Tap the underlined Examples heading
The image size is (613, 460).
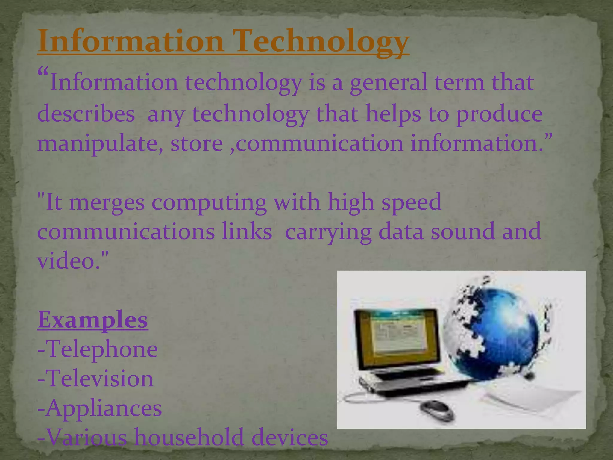(92, 320)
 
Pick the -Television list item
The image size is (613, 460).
(95, 379)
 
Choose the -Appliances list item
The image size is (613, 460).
(99, 408)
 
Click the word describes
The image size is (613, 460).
(86, 114)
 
